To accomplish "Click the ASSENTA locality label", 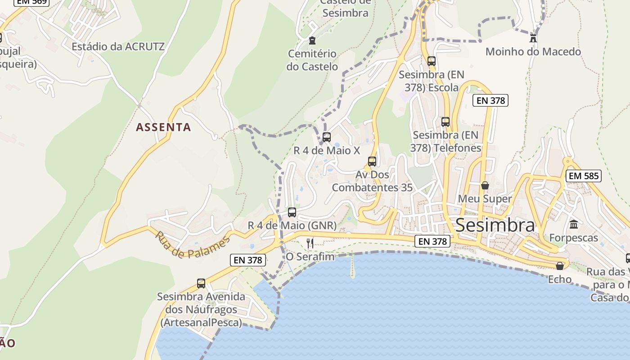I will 163,127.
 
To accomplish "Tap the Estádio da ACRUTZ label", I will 118,46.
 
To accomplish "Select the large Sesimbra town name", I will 495,225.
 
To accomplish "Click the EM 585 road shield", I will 584,176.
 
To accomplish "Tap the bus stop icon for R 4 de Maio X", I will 327,137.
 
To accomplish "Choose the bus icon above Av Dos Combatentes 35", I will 372,161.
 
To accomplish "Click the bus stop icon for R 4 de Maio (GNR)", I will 292,212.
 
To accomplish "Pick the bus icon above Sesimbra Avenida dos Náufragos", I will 201,283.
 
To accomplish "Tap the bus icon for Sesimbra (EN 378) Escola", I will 432,61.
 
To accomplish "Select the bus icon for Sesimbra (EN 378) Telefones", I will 445,121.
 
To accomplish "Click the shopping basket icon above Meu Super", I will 485,185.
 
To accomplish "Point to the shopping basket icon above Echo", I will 560,266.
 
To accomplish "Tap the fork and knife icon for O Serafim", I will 310,243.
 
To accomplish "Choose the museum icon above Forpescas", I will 574,224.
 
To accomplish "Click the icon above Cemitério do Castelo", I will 312,40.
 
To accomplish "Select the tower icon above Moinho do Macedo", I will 533,38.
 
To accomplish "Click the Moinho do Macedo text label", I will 533,52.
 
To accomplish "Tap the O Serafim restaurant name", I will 310,257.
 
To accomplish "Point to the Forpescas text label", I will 574,238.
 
